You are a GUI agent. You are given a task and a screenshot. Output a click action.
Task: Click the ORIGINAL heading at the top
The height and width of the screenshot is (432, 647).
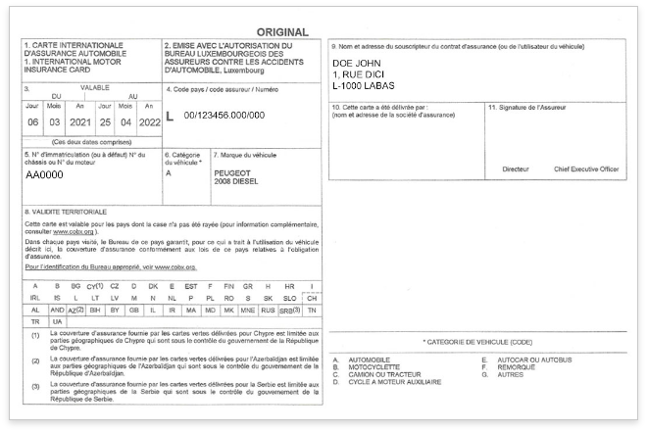282,32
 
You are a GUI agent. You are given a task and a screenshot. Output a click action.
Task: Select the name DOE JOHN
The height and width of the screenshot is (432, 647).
356,65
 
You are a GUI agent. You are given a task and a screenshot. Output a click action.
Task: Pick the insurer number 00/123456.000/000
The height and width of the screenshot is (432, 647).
224,116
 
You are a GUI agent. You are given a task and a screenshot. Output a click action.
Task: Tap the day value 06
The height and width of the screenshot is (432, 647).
32,122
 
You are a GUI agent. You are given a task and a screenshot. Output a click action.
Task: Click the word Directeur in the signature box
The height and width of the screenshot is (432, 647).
515,169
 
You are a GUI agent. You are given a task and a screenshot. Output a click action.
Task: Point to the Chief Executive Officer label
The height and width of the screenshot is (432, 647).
586,169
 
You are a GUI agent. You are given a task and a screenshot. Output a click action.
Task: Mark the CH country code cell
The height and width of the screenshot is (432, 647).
312,297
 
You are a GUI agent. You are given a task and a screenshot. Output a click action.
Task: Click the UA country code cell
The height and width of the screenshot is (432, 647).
57,321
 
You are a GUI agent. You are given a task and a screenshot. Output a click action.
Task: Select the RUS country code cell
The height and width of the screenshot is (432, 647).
267,310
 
